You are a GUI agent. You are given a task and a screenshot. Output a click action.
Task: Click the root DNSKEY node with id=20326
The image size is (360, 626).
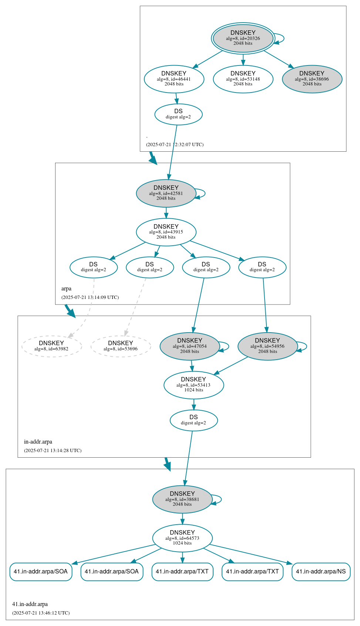click(x=243, y=38)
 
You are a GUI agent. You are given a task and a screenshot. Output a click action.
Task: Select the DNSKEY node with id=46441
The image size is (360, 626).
click(x=174, y=79)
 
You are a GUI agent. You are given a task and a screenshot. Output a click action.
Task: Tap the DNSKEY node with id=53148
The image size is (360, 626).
click(x=243, y=79)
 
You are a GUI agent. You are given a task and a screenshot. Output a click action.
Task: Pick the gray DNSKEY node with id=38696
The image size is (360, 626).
click(x=312, y=79)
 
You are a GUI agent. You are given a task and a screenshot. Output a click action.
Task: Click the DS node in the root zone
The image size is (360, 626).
click(x=178, y=114)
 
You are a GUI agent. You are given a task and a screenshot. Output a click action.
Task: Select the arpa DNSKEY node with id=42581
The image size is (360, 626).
click(x=166, y=193)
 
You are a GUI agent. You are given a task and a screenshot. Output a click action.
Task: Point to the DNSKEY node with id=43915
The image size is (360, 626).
click(x=166, y=232)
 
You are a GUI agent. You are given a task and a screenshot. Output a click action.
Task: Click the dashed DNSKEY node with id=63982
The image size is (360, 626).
click(x=51, y=346)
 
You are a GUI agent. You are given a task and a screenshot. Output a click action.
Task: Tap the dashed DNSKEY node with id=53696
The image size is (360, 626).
click(x=120, y=346)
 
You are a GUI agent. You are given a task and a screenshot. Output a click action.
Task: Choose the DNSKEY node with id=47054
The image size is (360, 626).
click(x=189, y=346)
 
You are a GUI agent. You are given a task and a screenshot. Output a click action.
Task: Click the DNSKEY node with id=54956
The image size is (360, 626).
click(x=267, y=346)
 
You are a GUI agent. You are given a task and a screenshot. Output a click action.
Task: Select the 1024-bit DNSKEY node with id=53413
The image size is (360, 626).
click(x=194, y=385)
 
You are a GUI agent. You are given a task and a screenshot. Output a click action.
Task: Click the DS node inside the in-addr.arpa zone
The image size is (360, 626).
click(x=194, y=420)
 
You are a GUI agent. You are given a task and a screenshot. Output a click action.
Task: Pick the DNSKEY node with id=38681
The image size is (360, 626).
click(x=182, y=499)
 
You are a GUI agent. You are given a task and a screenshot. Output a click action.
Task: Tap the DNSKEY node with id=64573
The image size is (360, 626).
click(x=182, y=538)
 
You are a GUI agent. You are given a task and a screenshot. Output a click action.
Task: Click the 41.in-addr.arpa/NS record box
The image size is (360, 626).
click(x=321, y=572)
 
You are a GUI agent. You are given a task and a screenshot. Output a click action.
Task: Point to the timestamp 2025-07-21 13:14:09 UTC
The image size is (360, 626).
click(x=90, y=297)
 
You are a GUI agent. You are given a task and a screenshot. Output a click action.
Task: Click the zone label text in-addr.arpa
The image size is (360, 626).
click(x=38, y=442)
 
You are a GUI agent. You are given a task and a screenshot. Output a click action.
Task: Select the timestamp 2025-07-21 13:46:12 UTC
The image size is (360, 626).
click(x=41, y=613)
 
